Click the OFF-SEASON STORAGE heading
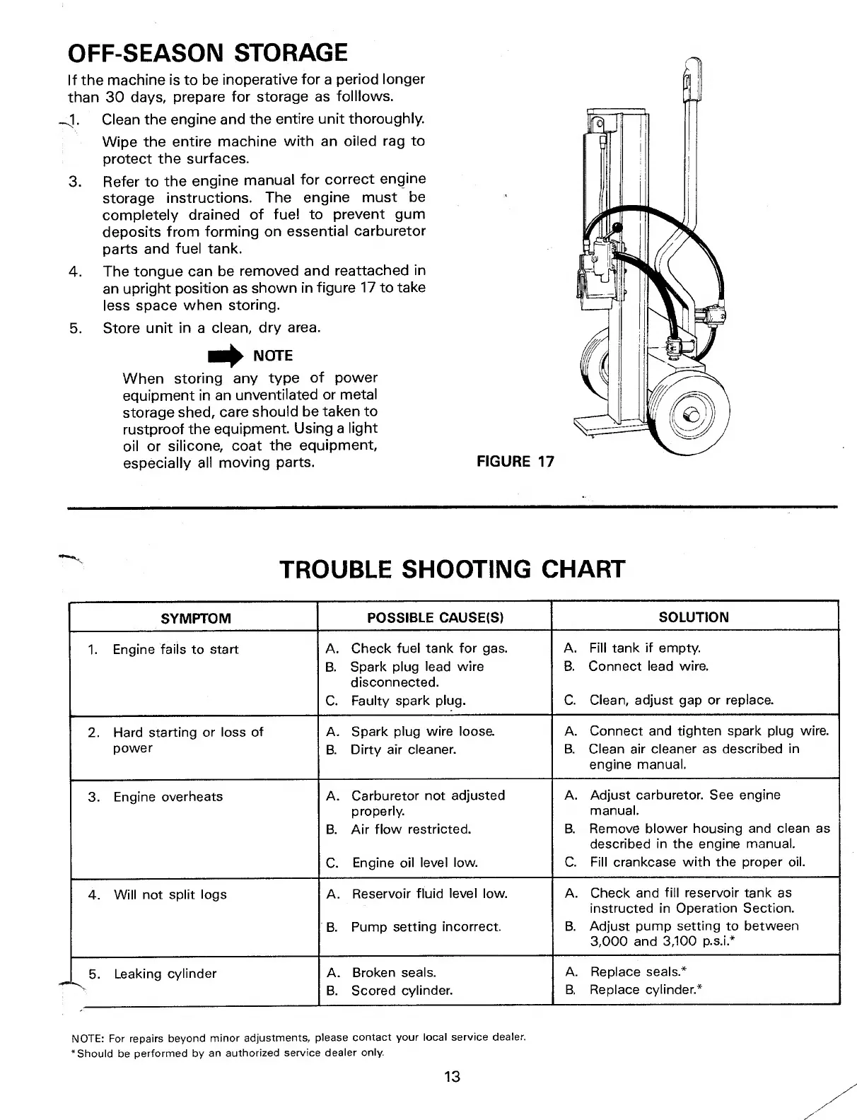click(207, 53)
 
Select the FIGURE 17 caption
click(515, 462)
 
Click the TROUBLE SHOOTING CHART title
click(453, 568)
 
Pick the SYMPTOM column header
click(196, 618)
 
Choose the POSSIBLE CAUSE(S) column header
click(435, 617)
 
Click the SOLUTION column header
click(693, 617)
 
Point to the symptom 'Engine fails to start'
click(175, 649)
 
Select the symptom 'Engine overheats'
click(168, 797)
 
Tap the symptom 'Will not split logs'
click(170, 894)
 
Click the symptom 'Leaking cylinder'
click(165, 974)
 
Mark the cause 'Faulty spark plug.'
click(408, 701)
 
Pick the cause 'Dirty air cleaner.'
click(403, 749)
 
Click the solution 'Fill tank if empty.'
click(644, 648)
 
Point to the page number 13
click(452, 1076)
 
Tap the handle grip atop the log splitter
click(687, 80)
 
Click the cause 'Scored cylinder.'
click(402, 991)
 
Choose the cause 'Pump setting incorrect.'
click(426, 926)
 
